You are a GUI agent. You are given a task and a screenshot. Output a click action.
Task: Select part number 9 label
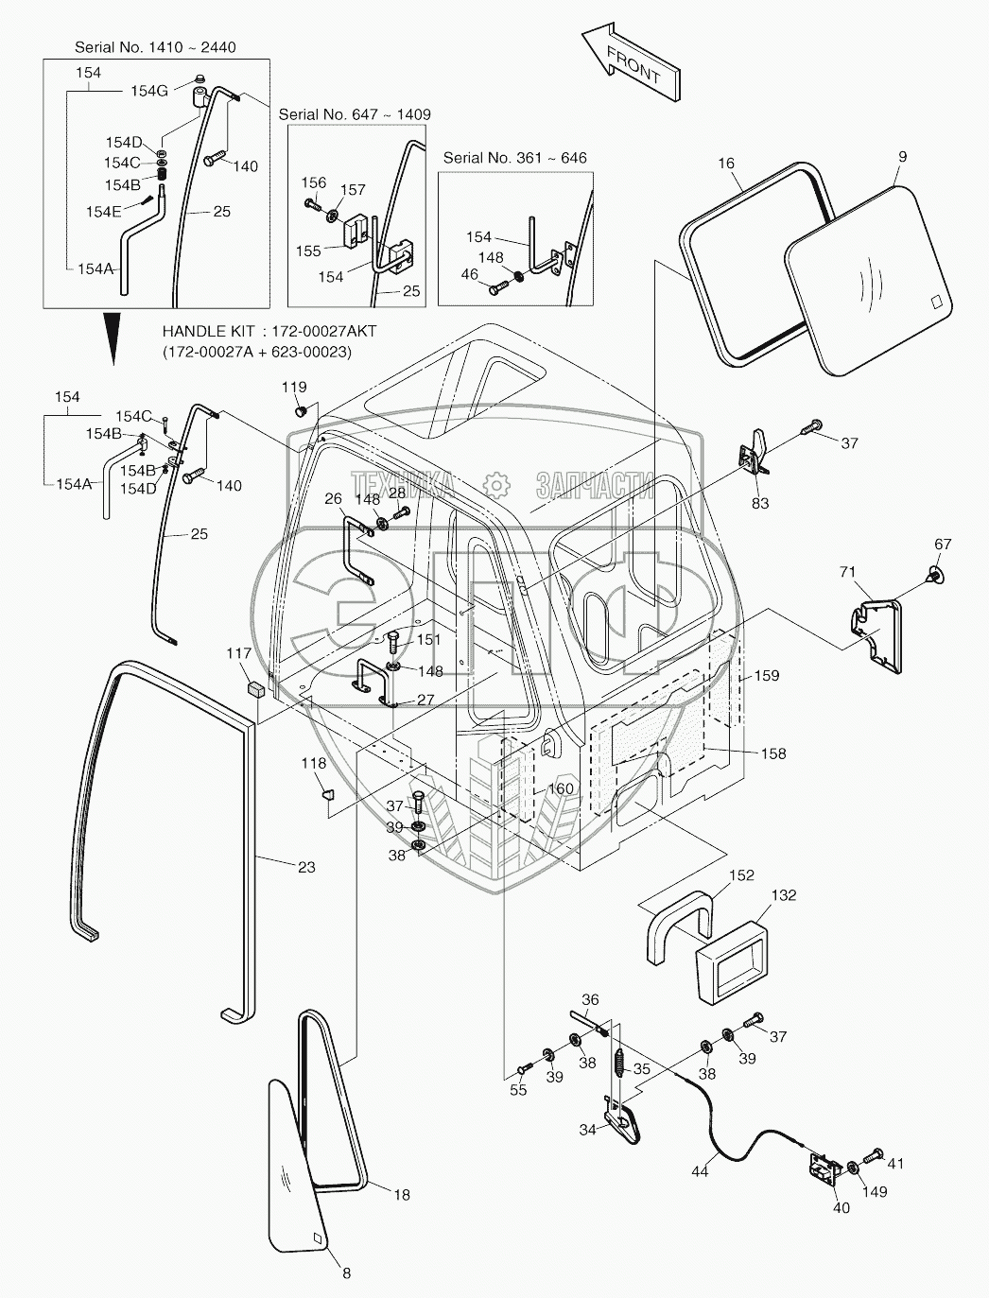click(902, 157)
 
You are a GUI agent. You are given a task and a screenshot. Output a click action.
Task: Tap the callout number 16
click(725, 164)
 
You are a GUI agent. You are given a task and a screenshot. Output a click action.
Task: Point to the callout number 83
click(760, 503)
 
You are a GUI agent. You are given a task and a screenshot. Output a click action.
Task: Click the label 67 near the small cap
click(943, 544)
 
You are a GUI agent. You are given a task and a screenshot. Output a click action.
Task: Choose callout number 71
click(848, 572)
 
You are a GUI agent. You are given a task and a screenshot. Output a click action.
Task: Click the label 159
click(766, 676)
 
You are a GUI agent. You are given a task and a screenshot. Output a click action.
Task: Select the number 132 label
click(784, 895)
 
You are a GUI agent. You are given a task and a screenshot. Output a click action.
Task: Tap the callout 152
click(741, 875)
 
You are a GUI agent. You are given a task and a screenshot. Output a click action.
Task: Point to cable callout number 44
click(699, 1171)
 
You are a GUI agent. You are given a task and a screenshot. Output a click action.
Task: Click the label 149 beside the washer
click(876, 1192)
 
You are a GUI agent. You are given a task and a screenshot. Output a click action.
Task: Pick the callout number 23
click(306, 867)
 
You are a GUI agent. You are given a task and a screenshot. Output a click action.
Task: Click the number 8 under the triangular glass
click(346, 1273)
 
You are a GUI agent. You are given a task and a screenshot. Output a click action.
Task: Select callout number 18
click(402, 1195)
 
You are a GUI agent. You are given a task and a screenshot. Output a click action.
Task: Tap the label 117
click(238, 653)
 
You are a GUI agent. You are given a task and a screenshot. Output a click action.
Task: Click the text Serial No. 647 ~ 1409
click(355, 114)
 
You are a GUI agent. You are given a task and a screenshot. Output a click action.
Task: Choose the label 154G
click(149, 91)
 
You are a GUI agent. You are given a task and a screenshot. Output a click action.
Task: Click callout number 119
click(294, 387)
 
